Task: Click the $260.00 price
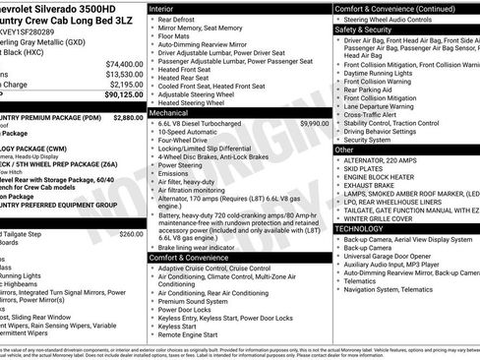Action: click(x=131, y=234)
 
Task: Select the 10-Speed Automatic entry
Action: click(x=192, y=133)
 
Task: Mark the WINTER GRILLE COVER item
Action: click(x=385, y=218)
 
